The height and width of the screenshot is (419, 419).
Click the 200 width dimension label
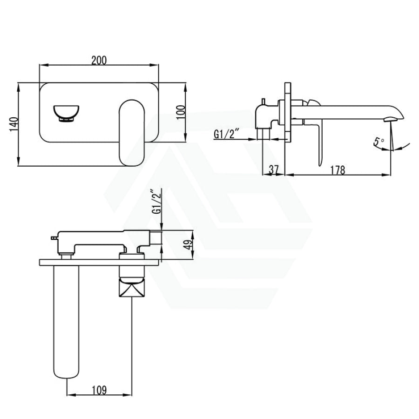[x=99, y=61]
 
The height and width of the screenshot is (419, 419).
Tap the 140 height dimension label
[x=14, y=124]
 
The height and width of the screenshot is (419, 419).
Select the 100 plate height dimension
[x=181, y=113]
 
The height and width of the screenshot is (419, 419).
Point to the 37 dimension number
[x=274, y=170]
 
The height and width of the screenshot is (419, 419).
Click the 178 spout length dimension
[x=338, y=170]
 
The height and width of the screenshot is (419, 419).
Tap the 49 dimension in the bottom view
[x=189, y=244]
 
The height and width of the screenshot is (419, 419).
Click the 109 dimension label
[x=99, y=390]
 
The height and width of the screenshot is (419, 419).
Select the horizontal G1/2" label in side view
[x=224, y=134]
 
